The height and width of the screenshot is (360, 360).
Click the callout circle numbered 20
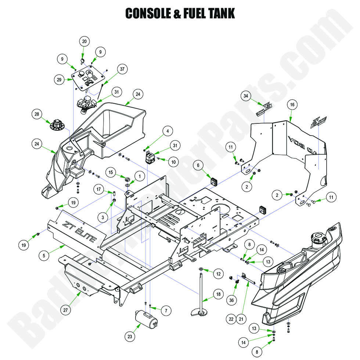click(x=84, y=42)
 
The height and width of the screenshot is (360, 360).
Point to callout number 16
click(x=292, y=105)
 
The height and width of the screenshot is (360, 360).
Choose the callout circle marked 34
click(x=246, y=96)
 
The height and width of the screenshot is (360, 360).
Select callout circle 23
click(x=130, y=335)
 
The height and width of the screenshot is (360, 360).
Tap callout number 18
click(x=219, y=294)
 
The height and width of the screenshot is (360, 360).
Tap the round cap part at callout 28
click(x=56, y=126)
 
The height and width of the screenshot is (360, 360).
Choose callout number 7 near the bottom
click(x=166, y=311)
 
